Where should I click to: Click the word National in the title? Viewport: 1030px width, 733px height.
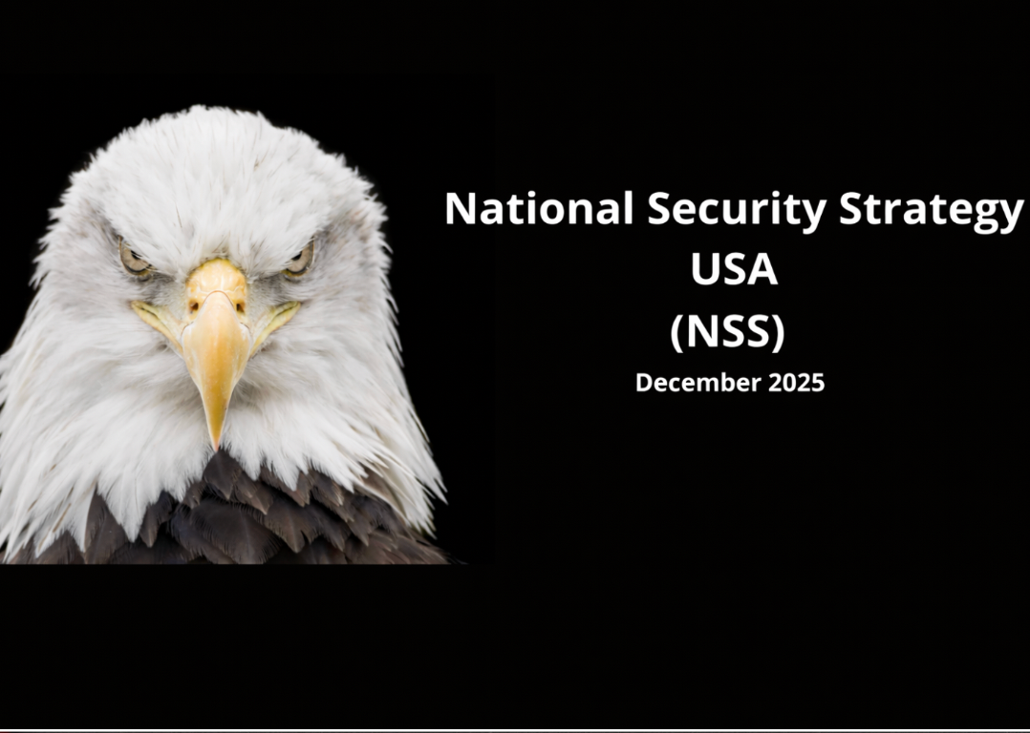(539, 209)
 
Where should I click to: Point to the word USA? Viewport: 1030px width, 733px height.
(734, 270)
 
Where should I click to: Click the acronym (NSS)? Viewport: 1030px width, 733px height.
(727, 331)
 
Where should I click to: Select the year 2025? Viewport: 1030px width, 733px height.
(794, 383)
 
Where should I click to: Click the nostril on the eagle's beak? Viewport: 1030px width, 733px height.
(196, 305)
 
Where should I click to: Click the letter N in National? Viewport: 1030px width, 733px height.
(460, 209)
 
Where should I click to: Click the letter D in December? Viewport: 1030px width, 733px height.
(644, 383)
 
